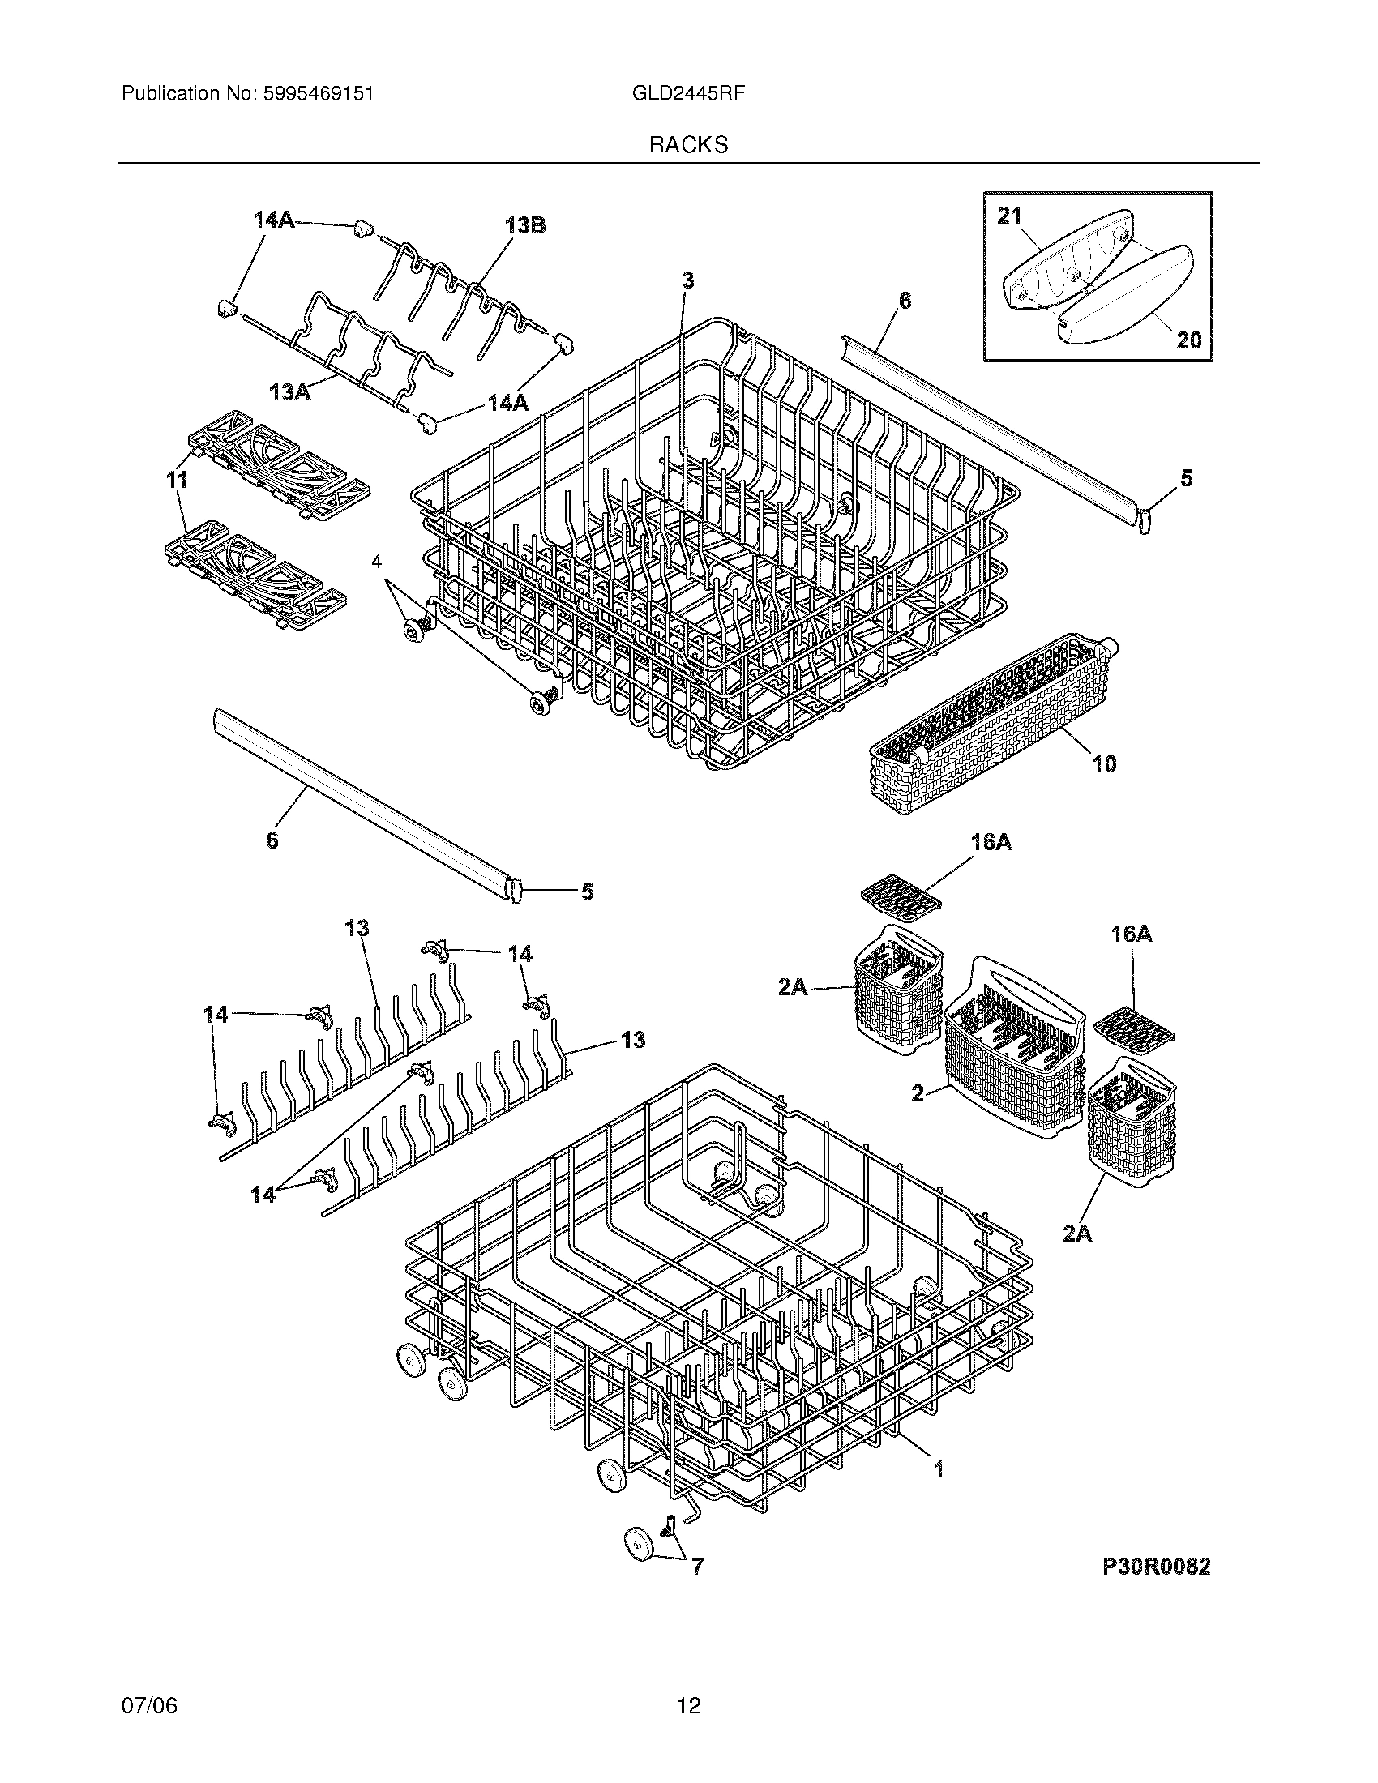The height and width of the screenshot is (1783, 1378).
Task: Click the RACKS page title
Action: point(688,145)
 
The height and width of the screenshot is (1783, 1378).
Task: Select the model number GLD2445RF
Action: point(688,94)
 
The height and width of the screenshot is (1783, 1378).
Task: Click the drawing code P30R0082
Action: point(1156,1566)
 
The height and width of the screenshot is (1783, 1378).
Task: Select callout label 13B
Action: point(525,225)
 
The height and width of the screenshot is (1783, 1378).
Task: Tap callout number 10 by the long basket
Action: point(1104,763)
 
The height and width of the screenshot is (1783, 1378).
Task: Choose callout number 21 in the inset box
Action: point(1009,216)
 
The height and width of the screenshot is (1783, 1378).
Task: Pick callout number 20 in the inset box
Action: point(1188,339)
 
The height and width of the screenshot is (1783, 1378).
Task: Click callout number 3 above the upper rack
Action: point(688,281)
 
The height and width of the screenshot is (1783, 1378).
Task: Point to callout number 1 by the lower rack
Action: point(938,1469)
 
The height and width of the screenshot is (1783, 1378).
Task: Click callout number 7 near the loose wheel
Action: point(697,1566)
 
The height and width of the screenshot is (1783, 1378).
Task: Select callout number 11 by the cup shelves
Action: point(177,480)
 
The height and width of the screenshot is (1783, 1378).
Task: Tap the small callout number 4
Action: point(376,562)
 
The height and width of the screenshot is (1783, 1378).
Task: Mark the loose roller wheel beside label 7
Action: point(638,1546)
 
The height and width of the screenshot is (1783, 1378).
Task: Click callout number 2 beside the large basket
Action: point(918,1092)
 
